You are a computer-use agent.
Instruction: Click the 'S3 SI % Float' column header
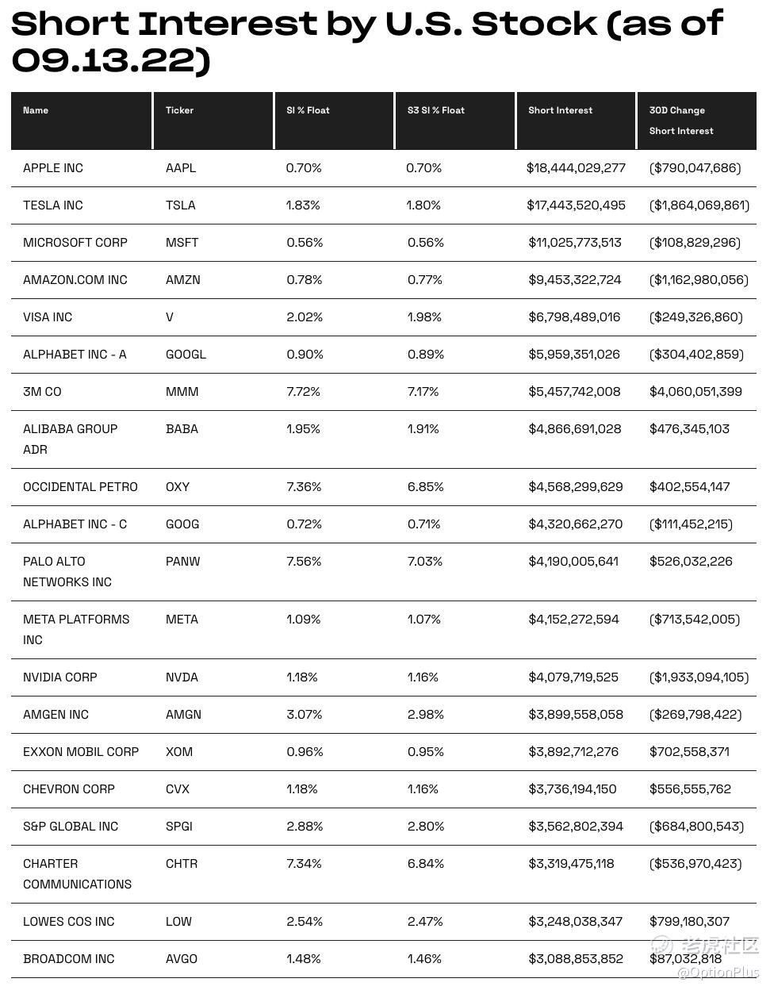(435, 110)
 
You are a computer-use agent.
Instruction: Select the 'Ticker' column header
(179, 110)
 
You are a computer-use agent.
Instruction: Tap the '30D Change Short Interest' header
(680, 121)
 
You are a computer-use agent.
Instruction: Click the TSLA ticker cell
(180, 205)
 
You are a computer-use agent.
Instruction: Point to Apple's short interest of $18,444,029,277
(576, 168)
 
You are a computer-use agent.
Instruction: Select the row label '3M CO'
(42, 392)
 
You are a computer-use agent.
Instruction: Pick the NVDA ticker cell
(182, 677)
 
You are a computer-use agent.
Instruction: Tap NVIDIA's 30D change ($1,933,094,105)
(698, 677)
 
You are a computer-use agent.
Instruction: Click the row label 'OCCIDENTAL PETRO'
(80, 487)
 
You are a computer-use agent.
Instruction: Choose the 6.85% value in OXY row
(425, 487)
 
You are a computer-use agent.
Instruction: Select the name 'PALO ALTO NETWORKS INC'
(67, 572)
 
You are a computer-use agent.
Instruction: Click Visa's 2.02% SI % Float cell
(305, 317)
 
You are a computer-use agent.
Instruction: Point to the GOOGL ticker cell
(186, 355)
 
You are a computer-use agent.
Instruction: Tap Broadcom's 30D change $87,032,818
(685, 959)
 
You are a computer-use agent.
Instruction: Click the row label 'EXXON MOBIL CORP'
(81, 752)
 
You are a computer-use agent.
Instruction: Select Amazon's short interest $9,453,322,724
(575, 280)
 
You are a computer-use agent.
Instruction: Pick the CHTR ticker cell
(182, 864)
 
